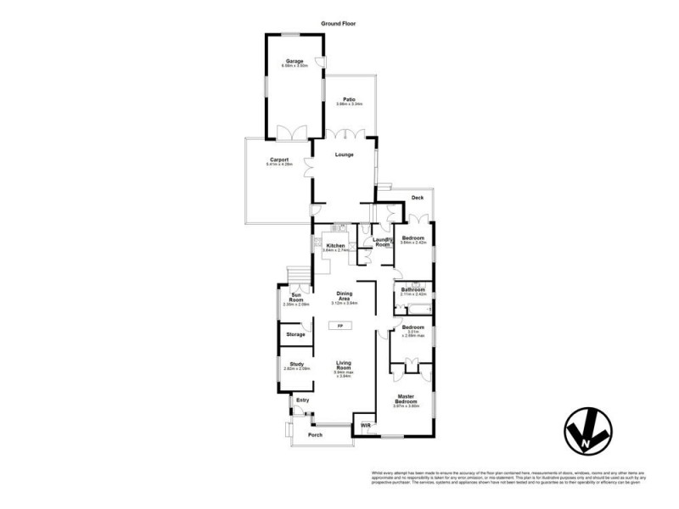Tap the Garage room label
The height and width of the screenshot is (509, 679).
click(x=295, y=61)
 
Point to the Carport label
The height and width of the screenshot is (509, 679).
click(x=279, y=159)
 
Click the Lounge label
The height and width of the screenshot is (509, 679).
click(x=344, y=154)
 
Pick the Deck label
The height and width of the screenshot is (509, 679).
click(x=417, y=198)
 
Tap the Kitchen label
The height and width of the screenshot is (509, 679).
click(x=335, y=246)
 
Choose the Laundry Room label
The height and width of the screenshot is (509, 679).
click(x=382, y=242)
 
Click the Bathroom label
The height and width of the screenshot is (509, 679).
click(x=413, y=290)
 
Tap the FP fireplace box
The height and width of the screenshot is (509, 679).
click(x=340, y=325)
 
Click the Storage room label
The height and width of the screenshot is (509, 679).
click(x=295, y=334)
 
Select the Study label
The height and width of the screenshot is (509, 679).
click(x=295, y=364)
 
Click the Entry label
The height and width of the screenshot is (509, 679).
click(x=302, y=400)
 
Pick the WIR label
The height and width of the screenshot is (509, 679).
click(x=366, y=425)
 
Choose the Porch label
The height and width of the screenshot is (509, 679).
click(x=315, y=434)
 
